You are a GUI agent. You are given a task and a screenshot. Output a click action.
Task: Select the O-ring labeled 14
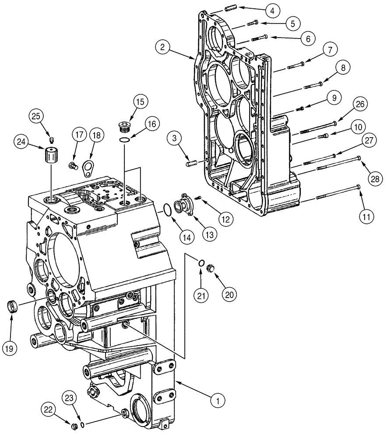point(167,209)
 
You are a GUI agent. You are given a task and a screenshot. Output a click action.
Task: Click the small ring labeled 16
point(124,140)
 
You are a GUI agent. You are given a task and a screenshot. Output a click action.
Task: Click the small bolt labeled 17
point(72,165)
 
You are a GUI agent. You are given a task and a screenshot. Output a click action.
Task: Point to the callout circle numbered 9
point(334,98)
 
